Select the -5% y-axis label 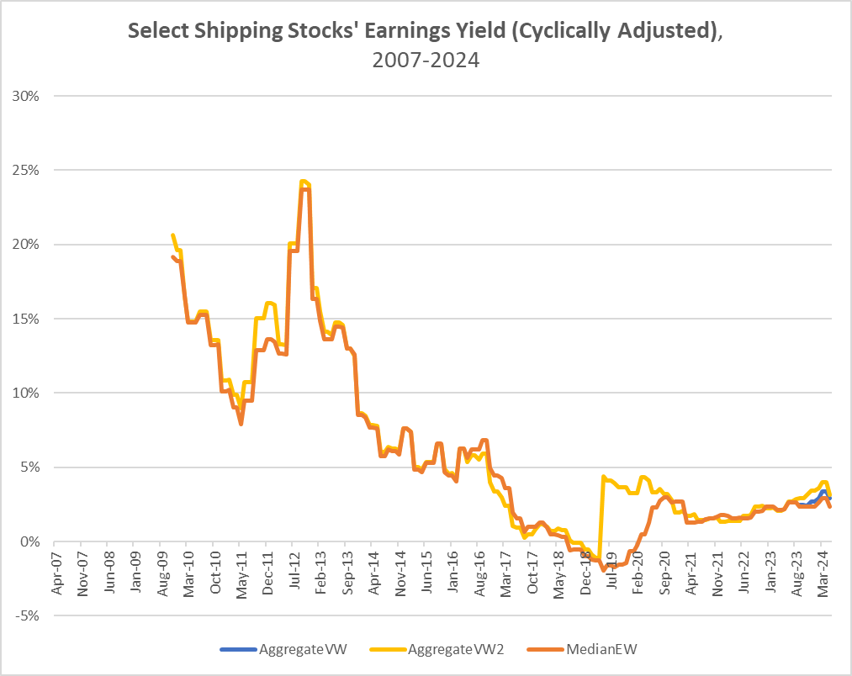pos(30,615)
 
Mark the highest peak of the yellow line pos(302,181)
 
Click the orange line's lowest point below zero pos(603,569)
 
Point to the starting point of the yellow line pos(172,235)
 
